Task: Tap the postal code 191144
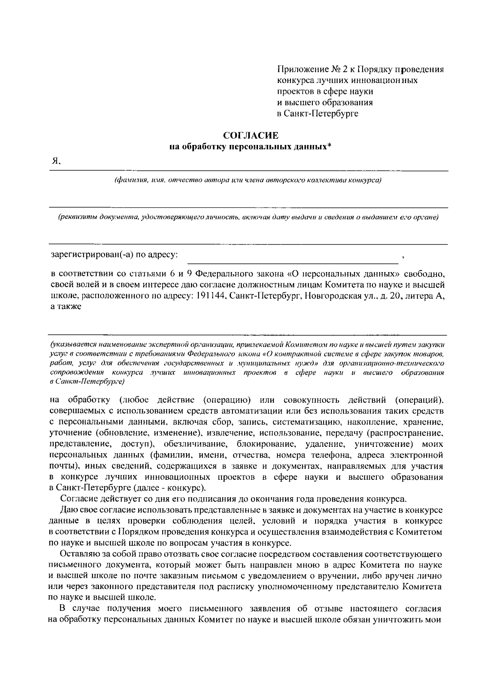coord(211,296)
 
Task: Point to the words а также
coord(66,307)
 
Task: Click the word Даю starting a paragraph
coord(67,510)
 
